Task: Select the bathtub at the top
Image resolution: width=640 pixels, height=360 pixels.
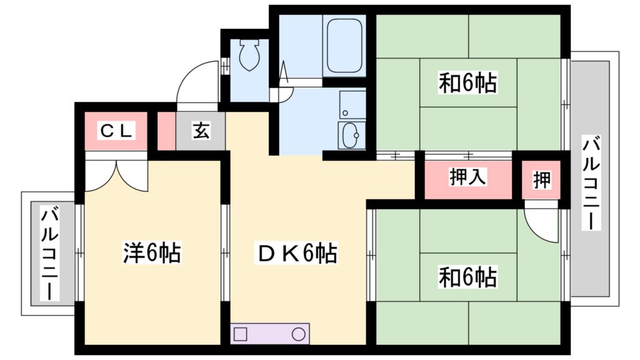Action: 344,45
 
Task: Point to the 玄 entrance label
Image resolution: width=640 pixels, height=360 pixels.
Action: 201,131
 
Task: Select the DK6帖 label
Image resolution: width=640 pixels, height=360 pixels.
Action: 297,253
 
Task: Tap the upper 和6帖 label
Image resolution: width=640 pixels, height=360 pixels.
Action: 467,82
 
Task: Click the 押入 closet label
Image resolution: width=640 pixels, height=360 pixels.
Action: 468,178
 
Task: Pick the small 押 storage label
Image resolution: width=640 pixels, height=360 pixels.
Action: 542,180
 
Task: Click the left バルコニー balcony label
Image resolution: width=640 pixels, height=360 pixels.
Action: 49,254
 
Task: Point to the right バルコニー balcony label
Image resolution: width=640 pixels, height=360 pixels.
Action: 590,182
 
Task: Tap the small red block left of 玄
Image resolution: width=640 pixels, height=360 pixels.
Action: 166,131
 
